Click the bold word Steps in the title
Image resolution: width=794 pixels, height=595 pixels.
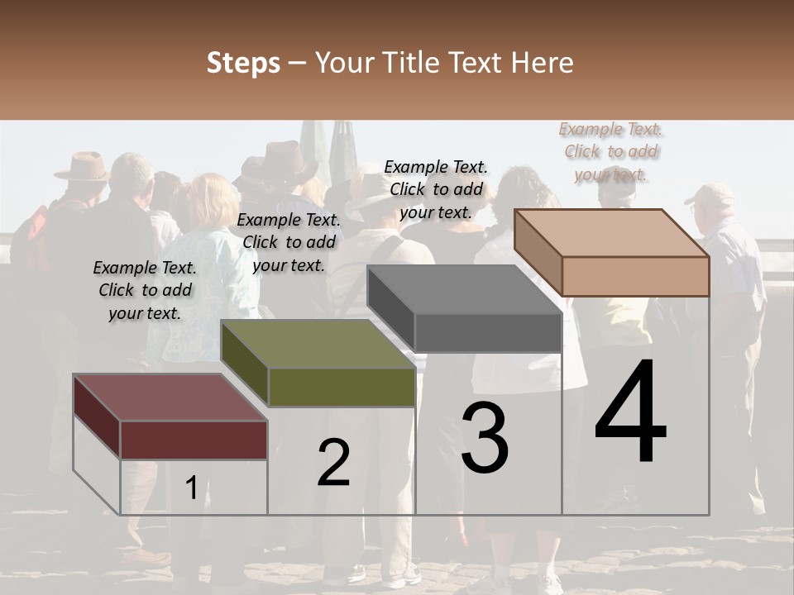click(x=243, y=63)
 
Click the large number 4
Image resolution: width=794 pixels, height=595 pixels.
click(x=631, y=412)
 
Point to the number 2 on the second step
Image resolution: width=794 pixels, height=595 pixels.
click(x=333, y=463)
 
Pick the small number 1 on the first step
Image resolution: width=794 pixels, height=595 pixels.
click(x=191, y=488)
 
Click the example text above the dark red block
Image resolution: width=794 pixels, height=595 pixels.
click(x=145, y=290)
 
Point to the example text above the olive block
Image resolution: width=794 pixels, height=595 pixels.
click(x=289, y=242)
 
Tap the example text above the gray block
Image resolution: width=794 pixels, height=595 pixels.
click(x=436, y=189)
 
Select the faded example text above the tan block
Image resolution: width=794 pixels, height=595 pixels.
click(x=611, y=151)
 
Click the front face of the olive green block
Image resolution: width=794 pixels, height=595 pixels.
click(x=342, y=387)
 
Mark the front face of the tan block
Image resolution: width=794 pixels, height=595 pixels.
click(x=635, y=276)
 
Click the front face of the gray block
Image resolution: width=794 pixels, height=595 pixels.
click(x=488, y=333)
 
